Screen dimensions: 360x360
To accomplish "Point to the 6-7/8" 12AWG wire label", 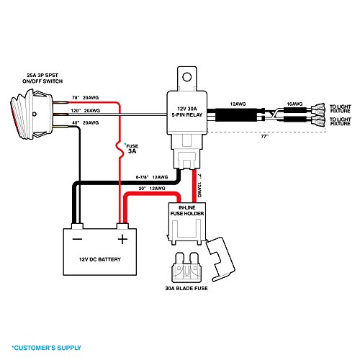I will (x=152, y=176).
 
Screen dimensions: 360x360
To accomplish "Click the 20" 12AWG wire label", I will (x=156, y=188).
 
